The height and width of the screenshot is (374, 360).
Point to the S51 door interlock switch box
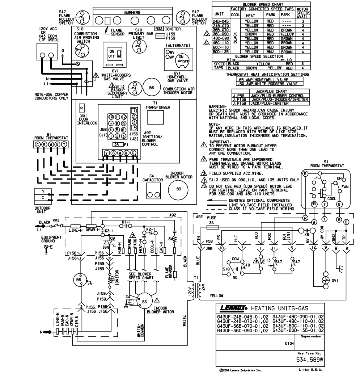82,108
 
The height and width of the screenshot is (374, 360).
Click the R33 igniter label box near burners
158,29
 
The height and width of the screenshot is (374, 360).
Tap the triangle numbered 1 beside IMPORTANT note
204,144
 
